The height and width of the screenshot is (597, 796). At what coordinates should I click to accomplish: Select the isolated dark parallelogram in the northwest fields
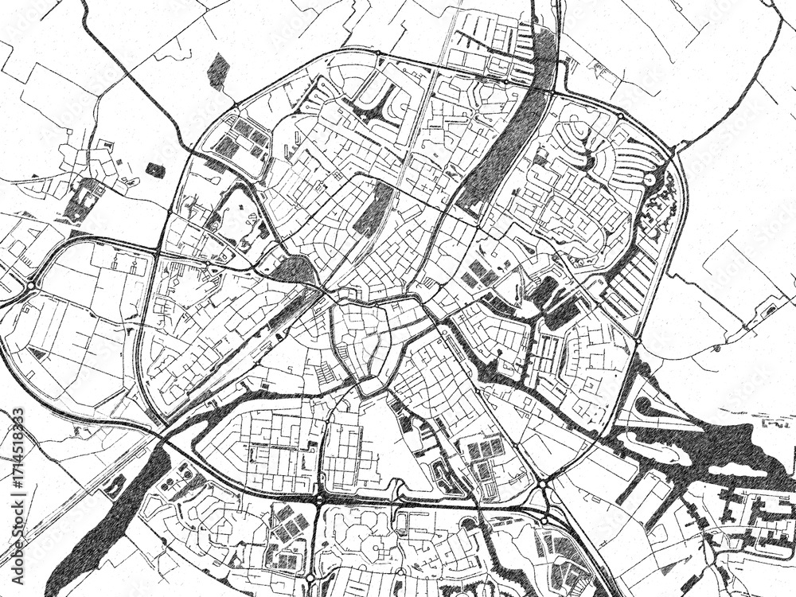coord(217,71)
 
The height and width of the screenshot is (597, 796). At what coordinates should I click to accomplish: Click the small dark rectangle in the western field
coord(156,170)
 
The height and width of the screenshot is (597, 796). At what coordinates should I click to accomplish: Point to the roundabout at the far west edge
coord(31,286)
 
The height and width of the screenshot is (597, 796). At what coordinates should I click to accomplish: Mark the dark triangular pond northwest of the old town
coord(295,271)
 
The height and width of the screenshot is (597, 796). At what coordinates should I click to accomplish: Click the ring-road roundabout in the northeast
coord(620,116)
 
